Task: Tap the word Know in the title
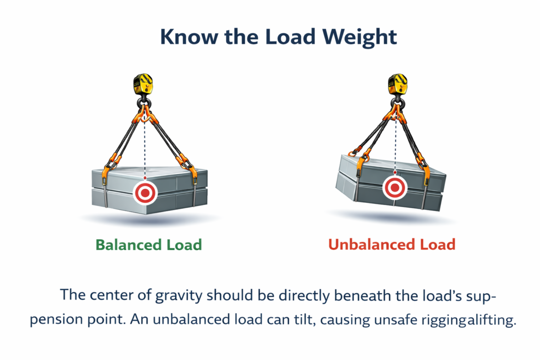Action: [186, 37]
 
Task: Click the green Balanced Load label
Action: [148, 245]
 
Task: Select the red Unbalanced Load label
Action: [391, 245]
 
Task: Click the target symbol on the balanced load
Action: [145, 193]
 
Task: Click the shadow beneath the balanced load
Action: [145, 217]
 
